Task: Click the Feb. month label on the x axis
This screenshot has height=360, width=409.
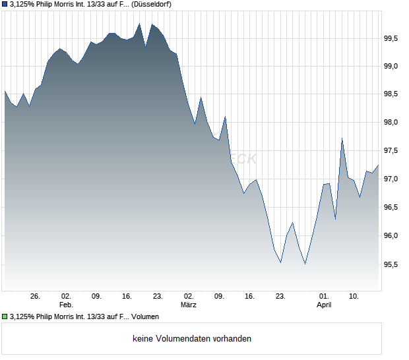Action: (65, 305)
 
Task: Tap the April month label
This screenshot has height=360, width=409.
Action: (324, 305)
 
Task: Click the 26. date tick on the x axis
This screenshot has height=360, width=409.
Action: (36, 297)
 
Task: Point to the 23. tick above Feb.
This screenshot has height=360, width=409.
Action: (158, 297)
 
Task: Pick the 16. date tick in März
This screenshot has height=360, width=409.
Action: (249, 297)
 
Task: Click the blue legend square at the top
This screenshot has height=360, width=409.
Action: (5, 5)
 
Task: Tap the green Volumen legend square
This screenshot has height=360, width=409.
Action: (5, 316)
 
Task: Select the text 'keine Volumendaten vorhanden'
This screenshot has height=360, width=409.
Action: (192, 339)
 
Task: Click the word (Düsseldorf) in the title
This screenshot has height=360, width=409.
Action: (151, 5)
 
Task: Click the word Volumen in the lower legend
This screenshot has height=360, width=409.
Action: (145, 316)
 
